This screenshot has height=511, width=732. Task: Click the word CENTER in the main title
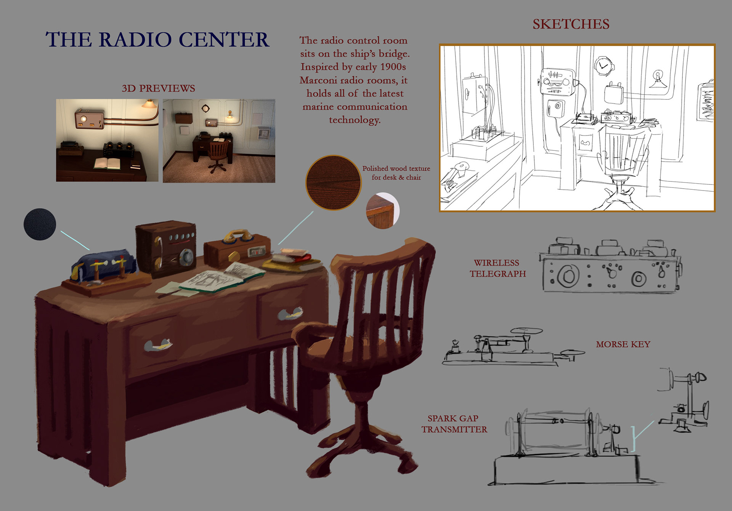tap(224, 40)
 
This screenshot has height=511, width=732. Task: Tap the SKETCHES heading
tap(571, 24)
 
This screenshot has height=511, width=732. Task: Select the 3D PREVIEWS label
tap(158, 88)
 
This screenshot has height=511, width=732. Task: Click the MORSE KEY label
tap(623, 344)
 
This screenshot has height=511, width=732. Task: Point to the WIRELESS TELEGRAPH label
tap(498, 268)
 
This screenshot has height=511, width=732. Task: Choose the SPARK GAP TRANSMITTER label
tap(454, 424)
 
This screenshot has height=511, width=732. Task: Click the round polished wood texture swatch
tap(334, 183)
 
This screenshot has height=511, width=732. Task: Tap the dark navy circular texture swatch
tap(40, 224)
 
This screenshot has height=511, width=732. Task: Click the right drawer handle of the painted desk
tap(290, 314)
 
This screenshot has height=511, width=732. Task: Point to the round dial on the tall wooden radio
tap(186, 256)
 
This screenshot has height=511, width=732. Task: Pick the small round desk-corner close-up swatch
tap(382, 211)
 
